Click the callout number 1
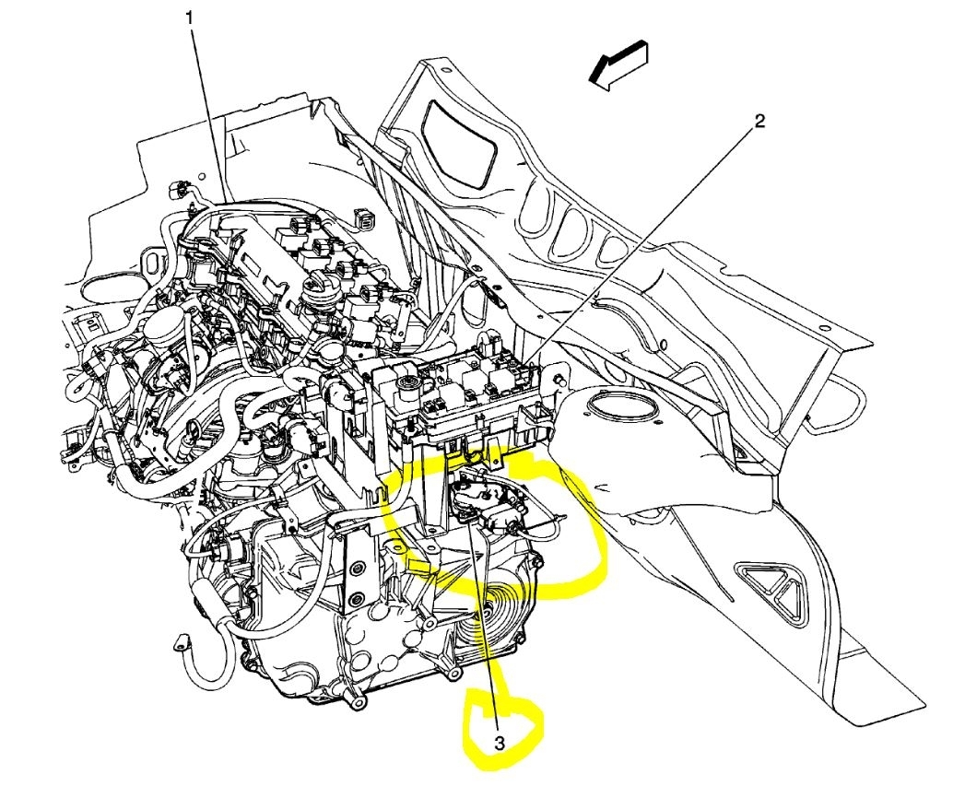pyautogui.click(x=190, y=19)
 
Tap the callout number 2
pyautogui.click(x=759, y=122)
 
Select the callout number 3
pyautogui.click(x=500, y=744)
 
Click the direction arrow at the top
pyautogui.click(x=618, y=65)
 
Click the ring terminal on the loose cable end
pyautogui.click(x=181, y=641)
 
